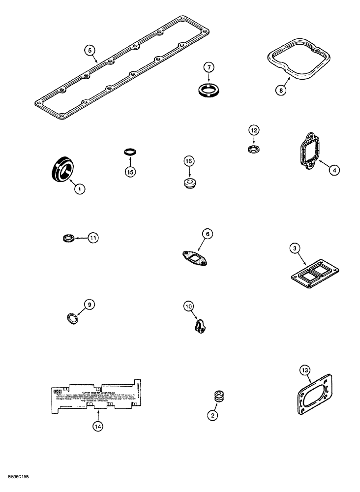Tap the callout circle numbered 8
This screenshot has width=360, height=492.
point(281,91)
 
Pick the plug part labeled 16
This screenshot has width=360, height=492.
point(189,184)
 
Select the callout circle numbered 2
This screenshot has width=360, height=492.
point(212,416)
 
